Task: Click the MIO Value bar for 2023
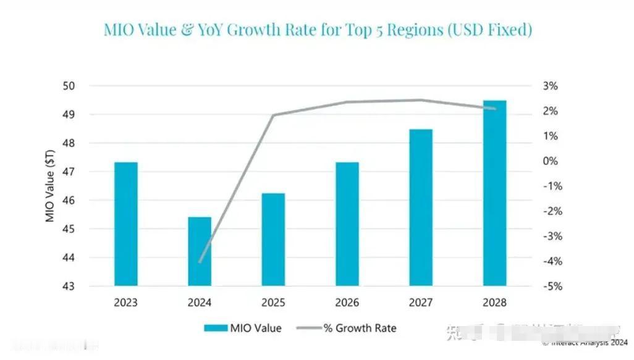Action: tap(125, 224)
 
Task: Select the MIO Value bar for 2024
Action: tap(200, 251)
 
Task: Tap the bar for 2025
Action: tap(273, 240)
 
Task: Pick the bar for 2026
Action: tap(347, 224)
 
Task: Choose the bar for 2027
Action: tap(421, 207)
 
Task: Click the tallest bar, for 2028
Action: tap(494, 193)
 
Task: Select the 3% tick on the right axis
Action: tap(550, 86)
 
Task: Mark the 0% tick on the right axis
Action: tap(550, 161)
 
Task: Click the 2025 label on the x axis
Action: tap(273, 303)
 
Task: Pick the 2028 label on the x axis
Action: tap(494, 303)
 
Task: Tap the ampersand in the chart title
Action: tap(188, 30)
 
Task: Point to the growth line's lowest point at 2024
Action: tap(200, 262)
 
